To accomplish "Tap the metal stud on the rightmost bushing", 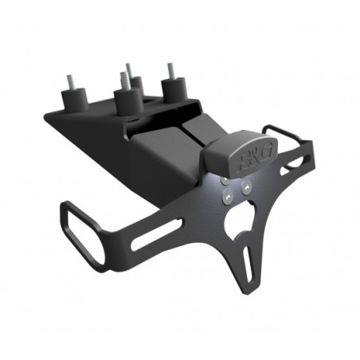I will coord(168,69).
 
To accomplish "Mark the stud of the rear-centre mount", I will coord(127,68).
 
